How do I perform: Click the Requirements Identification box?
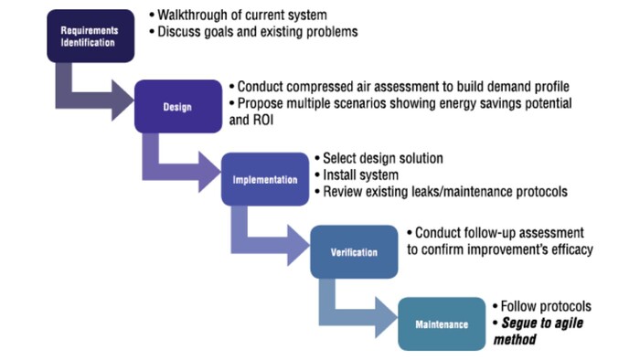pos(90,36)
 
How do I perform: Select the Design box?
pos(178,107)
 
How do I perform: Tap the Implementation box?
pos(265,179)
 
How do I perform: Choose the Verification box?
pos(353,251)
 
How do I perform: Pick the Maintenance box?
pos(442,323)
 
